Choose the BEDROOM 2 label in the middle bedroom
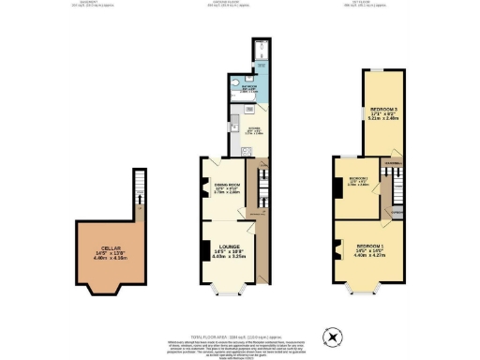point(358,178)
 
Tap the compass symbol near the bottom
point(330,337)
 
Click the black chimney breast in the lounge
point(204,250)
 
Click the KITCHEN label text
point(251,130)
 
